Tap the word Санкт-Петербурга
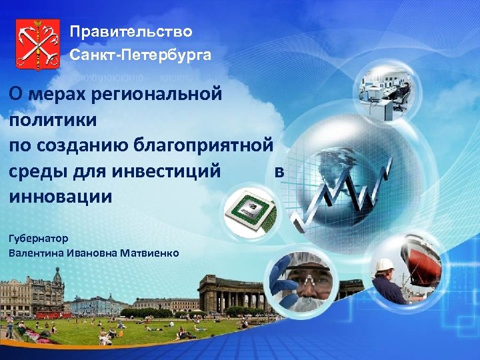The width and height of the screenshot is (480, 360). (141, 55)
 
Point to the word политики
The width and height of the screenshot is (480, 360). (53, 121)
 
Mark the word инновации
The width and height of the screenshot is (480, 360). (61, 198)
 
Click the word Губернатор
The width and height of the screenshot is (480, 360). (39, 238)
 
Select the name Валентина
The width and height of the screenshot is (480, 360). (36, 253)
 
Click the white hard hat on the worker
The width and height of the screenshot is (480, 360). (385, 265)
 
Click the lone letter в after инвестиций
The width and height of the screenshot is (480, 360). (279, 172)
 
